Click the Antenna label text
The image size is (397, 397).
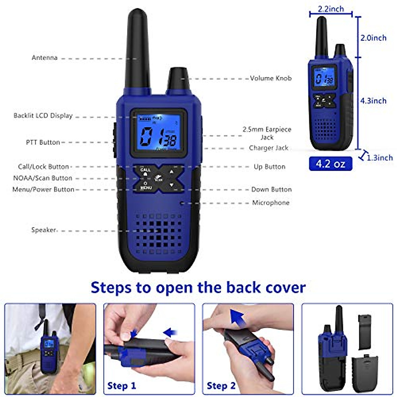45,58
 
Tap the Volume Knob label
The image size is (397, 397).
271,78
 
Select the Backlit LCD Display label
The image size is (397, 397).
43,116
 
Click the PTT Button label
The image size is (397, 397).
43,142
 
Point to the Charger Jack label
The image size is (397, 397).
269,148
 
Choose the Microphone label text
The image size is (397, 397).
271,203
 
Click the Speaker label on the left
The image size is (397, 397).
44,230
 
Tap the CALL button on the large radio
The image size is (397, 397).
145,171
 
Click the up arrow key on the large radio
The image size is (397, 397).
171,171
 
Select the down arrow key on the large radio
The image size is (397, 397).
171,185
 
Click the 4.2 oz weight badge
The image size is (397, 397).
331,164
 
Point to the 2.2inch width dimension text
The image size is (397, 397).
331,9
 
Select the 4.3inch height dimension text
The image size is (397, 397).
373,101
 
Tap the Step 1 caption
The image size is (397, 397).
121,386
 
